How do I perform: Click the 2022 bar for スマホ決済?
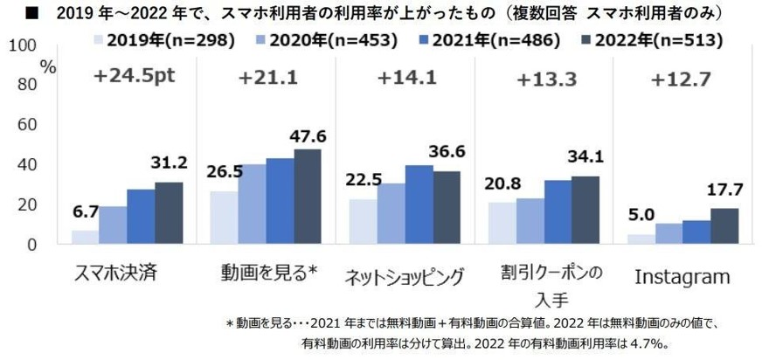(x=169, y=212)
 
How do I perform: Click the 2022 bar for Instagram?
(x=724, y=225)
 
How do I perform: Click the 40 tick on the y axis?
(x=25, y=164)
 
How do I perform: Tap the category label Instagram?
(x=682, y=277)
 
